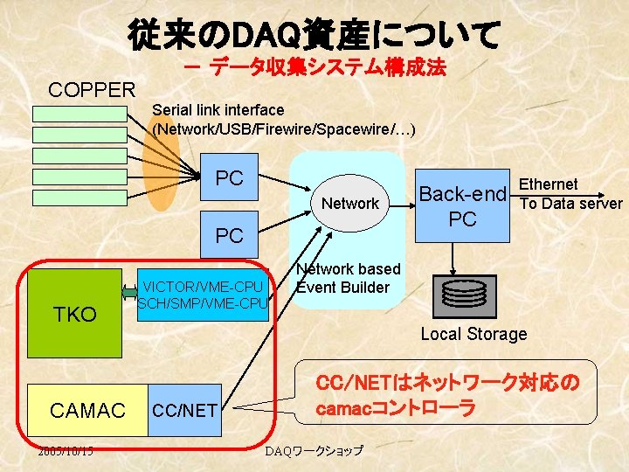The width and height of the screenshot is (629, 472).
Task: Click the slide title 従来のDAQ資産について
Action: tap(314, 34)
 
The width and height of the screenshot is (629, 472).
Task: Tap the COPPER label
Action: tap(92, 89)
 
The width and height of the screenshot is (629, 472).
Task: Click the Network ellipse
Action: tap(349, 204)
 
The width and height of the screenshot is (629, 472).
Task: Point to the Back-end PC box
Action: tap(462, 206)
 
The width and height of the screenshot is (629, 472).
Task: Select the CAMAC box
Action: tap(87, 409)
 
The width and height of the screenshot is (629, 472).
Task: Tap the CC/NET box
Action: tap(184, 409)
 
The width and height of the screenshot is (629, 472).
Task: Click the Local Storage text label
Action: tap(473, 334)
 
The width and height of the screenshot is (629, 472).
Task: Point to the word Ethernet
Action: tap(549, 184)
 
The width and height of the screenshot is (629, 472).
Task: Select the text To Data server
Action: tap(571, 203)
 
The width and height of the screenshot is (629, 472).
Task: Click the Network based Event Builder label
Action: tap(348, 278)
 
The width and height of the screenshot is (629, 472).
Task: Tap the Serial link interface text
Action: tap(218, 109)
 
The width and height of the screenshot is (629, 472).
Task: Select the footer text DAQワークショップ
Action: tap(314, 450)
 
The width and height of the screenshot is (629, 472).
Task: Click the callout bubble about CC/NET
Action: tap(445, 396)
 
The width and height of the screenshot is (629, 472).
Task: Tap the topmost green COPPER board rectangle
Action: tap(79, 114)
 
